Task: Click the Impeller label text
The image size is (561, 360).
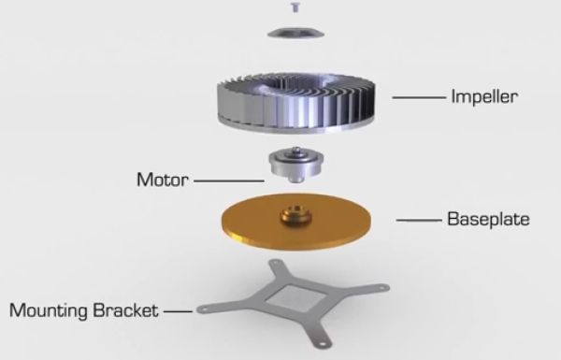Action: (x=484, y=96)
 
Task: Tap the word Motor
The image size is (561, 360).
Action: (x=163, y=180)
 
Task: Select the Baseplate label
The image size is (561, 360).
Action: (x=488, y=219)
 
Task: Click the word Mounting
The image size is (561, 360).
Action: (x=49, y=311)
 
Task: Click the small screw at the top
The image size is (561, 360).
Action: (x=295, y=7)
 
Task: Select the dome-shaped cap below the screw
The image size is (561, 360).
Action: (x=295, y=33)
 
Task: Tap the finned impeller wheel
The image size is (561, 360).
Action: (x=295, y=103)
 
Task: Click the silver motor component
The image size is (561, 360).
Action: (x=295, y=165)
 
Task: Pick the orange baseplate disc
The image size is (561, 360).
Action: (x=295, y=222)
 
